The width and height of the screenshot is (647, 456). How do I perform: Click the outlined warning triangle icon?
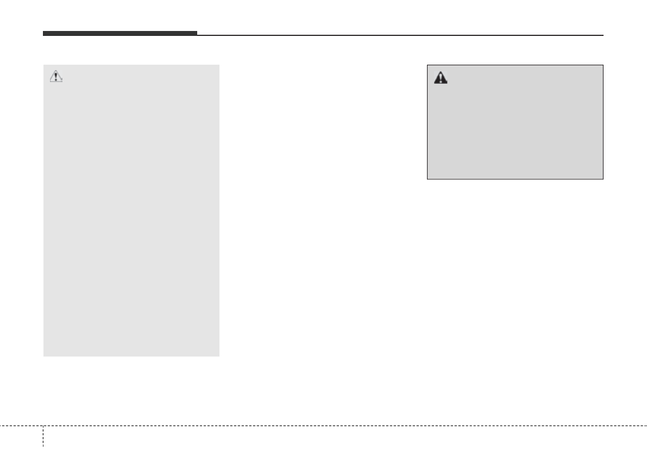point(56,77)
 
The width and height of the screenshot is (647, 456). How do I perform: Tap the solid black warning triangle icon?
point(440,78)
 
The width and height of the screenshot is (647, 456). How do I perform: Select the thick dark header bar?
point(120,34)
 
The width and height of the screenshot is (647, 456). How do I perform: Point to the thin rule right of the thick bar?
point(400,35)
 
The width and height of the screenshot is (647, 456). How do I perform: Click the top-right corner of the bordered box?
point(603,65)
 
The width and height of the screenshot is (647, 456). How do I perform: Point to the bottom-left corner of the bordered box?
point(428,179)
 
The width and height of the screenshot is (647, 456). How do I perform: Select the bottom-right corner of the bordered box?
point(603,179)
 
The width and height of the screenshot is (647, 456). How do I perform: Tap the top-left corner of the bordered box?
point(428,65)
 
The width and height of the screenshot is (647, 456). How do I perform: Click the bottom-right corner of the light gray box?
point(219,356)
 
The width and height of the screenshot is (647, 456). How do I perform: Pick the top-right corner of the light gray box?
point(219,65)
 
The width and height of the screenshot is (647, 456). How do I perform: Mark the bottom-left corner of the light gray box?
point(43,356)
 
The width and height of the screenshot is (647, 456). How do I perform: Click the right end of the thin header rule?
point(603,35)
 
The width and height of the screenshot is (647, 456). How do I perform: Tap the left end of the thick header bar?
point(43,34)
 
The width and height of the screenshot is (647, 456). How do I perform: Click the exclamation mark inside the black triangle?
point(440,79)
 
